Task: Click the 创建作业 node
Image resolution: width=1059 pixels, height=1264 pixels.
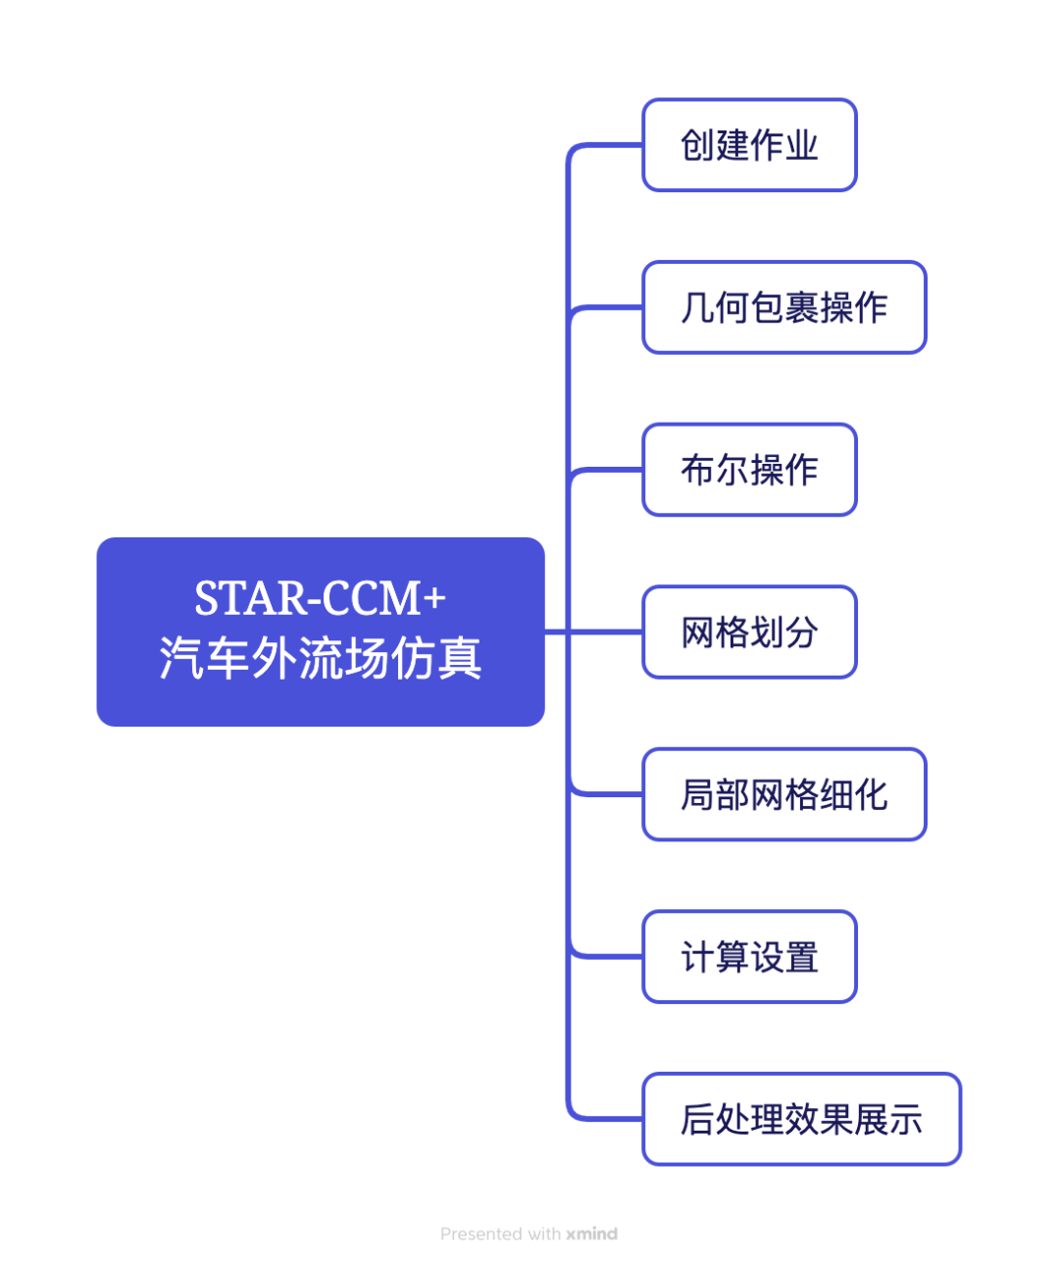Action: click(749, 145)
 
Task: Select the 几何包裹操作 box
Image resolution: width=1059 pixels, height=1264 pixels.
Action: click(783, 308)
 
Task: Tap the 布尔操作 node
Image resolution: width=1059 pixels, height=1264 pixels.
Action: click(749, 470)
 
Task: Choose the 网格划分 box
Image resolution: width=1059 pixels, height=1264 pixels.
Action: click(749, 632)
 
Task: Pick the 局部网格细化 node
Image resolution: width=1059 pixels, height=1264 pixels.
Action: click(783, 794)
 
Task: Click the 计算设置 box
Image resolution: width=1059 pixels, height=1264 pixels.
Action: click(749, 957)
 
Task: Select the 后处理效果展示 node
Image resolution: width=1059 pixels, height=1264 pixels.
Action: click(801, 1119)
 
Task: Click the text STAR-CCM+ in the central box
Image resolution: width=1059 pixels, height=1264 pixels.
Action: click(320, 599)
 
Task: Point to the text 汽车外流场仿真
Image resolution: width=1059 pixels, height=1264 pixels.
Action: click(320, 658)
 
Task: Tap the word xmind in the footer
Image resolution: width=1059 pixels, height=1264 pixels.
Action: click(591, 1234)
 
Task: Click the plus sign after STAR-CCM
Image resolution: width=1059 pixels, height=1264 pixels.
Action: click(434, 598)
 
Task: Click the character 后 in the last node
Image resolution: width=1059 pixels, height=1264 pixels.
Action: click(696, 1120)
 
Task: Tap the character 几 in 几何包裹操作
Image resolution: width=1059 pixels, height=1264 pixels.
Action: click(696, 308)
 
